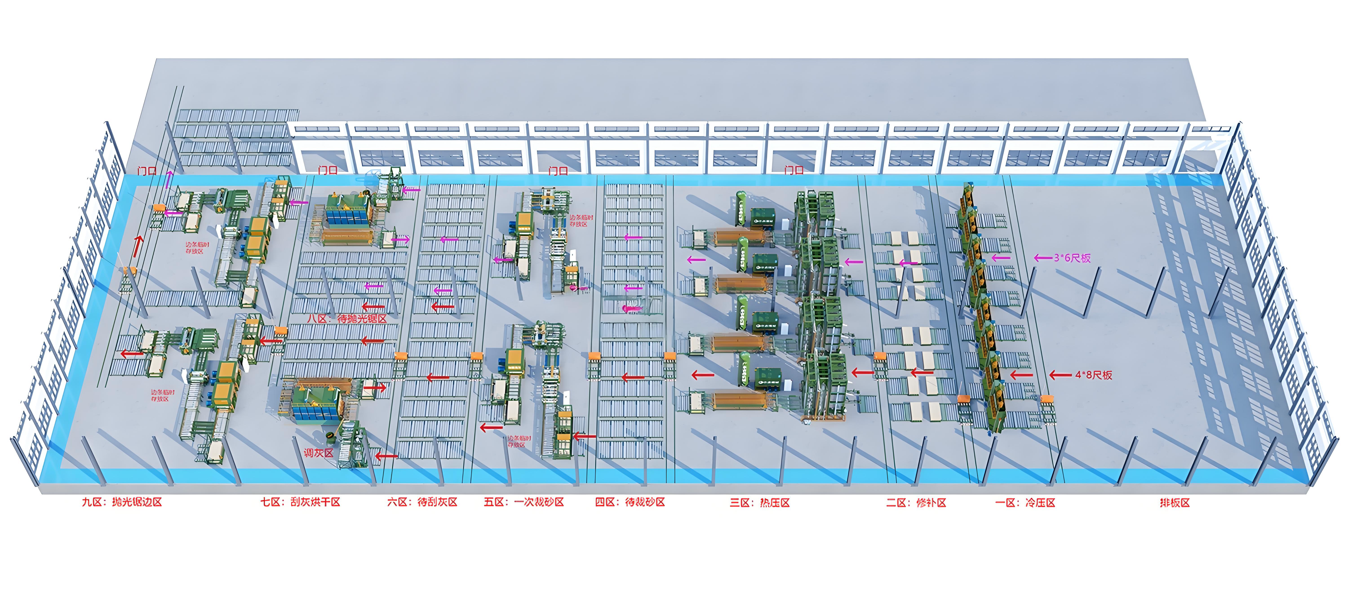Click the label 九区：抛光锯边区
pyautogui.click(x=122, y=502)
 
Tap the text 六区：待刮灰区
pyautogui.click(x=422, y=502)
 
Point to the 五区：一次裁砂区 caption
pyautogui.click(x=524, y=502)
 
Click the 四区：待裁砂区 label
pyautogui.click(x=630, y=502)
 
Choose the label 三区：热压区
pyautogui.click(x=760, y=503)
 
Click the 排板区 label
pyautogui.click(x=1175, y=503)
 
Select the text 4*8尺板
pyautogui.click(x=1094, y=375)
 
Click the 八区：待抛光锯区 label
pyautogui.click(x=347, y=319)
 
